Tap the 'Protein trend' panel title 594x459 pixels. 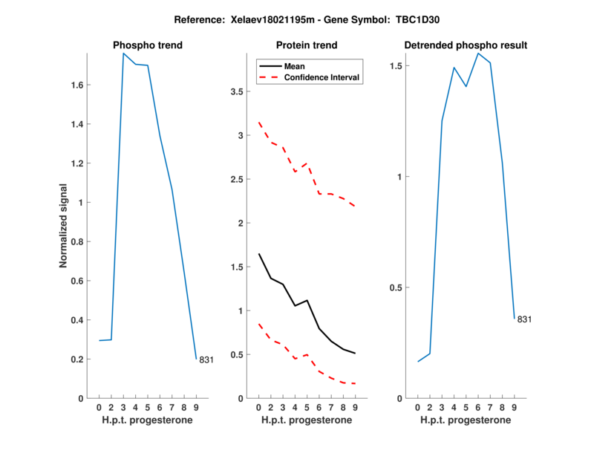(x=306, y=45)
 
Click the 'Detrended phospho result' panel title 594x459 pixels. (x=466, y=45)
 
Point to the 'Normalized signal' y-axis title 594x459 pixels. (x=64, y=226)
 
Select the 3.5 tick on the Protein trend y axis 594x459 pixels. (x=238, y=92)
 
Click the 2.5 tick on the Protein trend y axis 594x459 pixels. (x=238, y=180)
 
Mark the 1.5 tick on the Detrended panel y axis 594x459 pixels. (x=397, y=66)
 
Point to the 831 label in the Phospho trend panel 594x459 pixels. (x=206, y=360)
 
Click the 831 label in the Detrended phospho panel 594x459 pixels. (x=524, y=319)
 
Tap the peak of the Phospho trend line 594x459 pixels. (x=123, y=53)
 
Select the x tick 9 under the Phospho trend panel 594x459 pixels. (x=196, y=407)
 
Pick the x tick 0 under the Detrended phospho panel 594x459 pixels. (x=418, y=407)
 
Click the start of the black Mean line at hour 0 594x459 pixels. (x=259, y=254)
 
